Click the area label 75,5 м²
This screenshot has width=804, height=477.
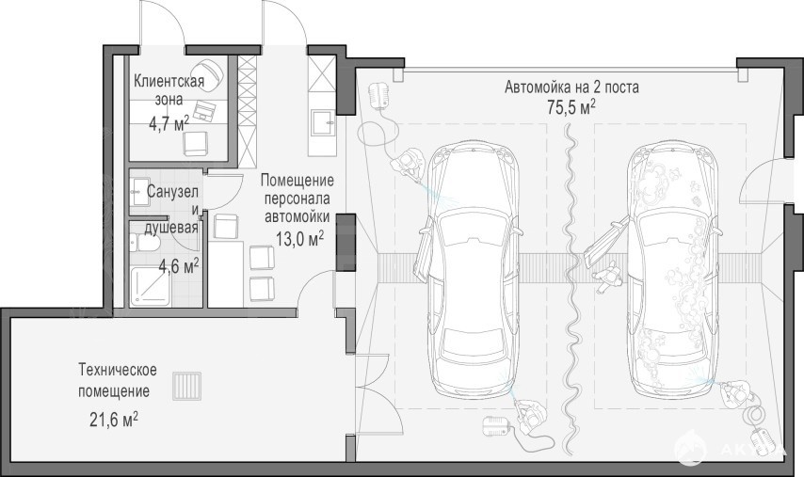[x=571, y=107]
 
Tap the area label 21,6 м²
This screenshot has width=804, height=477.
[x=114, y=420]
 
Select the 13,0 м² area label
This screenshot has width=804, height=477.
[x=300, y=238]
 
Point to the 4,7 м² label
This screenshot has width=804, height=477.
[x=169, y=123]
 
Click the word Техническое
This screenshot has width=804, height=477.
[x=118, y=370]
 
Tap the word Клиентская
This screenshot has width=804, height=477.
[x=169, y=81]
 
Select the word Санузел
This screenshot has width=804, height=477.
[x=172, y=192]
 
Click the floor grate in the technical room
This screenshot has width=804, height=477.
[x=186, y=386]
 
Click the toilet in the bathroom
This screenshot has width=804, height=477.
[x=145, y=243]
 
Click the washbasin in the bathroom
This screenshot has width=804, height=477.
[x=139, y=192]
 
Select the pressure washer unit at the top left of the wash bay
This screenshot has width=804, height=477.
[x=379, y=94]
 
